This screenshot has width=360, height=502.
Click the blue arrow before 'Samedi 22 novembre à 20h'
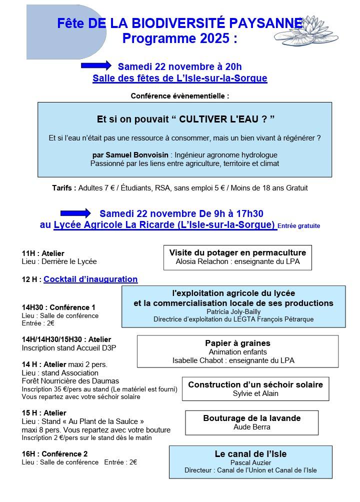95,65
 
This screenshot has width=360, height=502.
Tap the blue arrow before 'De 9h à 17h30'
75,213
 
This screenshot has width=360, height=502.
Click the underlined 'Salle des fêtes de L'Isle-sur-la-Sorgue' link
179,78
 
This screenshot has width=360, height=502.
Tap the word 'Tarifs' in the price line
64,188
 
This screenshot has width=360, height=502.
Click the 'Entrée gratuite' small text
298,226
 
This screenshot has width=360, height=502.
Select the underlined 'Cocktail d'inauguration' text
90,279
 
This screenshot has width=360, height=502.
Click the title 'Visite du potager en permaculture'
237,252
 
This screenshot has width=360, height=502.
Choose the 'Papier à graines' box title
237,343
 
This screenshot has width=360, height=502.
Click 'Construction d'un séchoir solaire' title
255,384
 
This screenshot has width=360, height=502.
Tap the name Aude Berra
252,427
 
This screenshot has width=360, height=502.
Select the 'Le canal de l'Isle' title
250,454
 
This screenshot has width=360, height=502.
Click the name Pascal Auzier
250,462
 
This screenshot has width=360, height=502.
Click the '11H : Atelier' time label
43,253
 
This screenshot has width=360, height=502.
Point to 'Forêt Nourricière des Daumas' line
70,381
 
